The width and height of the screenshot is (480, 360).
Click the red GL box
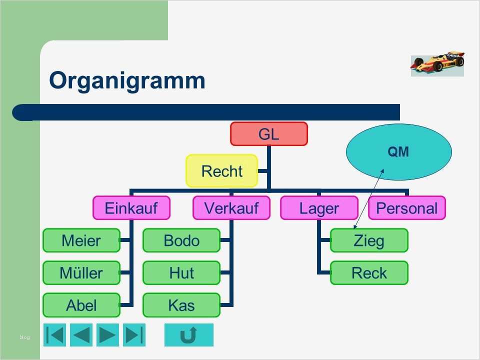coord(268,134)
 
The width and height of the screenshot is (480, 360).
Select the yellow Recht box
coord(222,171)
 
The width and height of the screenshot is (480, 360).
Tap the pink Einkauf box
coord(131,207)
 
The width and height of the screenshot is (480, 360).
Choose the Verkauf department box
coord(231,207)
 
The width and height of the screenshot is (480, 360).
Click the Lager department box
coord(319,207)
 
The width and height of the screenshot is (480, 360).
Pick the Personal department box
coord(406,207)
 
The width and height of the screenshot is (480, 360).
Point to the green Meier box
coord(81,240)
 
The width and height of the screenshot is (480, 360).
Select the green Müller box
coord(81,273)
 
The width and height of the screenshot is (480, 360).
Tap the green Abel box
coord(81,305)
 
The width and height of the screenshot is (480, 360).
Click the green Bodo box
coord(181,240)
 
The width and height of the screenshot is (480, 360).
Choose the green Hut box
coord(181,273)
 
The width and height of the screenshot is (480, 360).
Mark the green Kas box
coord(181,305)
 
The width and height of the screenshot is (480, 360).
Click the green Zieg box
coord(369,240)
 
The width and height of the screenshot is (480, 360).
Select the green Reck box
coord(369,273)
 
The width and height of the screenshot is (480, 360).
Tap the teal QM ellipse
coord(398,151)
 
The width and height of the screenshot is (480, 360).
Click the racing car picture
coord(437,63)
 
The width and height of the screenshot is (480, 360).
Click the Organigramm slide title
coord(127,80)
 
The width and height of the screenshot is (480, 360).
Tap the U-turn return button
coord(188,335)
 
